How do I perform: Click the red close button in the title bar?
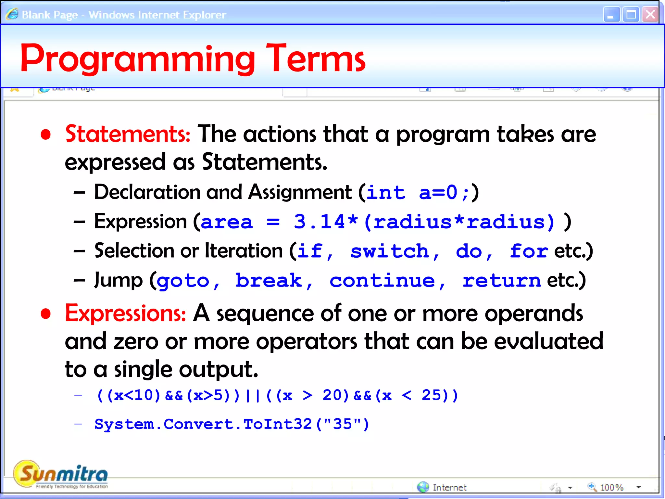[x=650, y=15]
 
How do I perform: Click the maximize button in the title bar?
[x=631, y=15]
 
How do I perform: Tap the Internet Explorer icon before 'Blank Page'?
[x=12, y=15]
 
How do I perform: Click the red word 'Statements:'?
[x=128, y=134]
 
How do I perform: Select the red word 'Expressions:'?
[x=125, y=313]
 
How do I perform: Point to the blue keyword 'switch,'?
[x=395, y=251]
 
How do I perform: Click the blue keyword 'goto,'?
[x=188, y=280]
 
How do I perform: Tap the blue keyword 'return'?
[x=501, y=280]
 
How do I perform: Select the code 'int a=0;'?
[x=418, y=192]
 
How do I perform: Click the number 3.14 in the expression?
[x=319, y=222]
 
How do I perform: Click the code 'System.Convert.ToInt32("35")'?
[x=232, y=424]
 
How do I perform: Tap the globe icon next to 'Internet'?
[x=423, y=487]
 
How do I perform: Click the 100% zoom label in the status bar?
[x=612, y=487]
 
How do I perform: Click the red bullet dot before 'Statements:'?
[x=46, y=134]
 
